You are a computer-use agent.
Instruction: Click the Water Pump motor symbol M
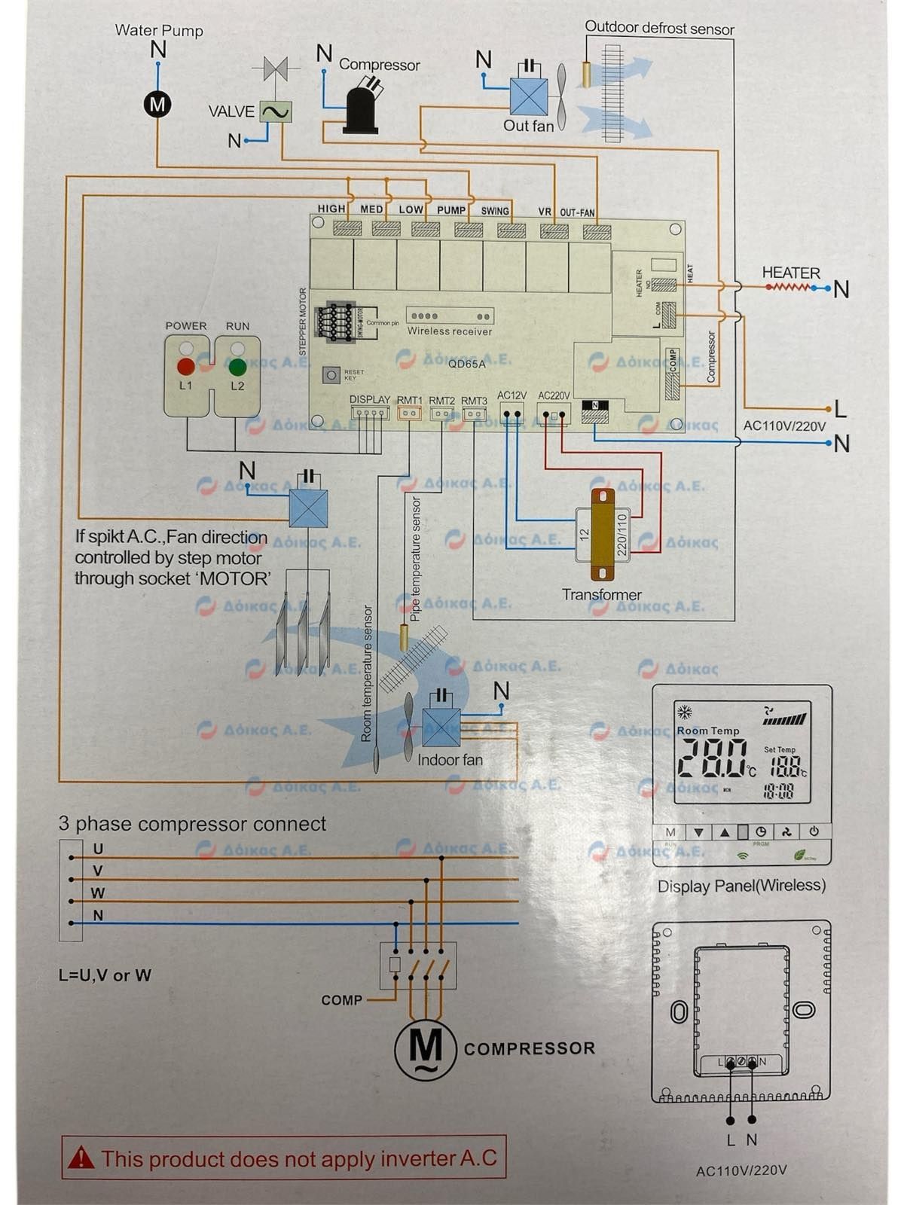click(157, 103)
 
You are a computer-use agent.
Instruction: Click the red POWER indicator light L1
click(185, 367)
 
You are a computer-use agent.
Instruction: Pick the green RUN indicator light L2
click(237, 367)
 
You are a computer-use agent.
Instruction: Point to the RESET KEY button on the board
click(331, 374)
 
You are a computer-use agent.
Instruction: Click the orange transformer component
click(602, 535)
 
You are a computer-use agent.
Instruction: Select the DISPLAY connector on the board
click(369, 413)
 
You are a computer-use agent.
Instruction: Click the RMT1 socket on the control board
click(410, 413)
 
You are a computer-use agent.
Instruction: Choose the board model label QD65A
click(467, 364)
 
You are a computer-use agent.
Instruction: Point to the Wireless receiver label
click(449, 331)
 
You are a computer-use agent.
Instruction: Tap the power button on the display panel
click(814, 832)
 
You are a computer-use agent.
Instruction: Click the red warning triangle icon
click(81, 1158)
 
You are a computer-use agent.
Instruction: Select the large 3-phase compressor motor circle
click(426, 1048)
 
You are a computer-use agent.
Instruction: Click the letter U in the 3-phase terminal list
click(98, 849)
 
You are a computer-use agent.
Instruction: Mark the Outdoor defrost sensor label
click(659, 29)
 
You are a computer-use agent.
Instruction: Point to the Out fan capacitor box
click(529, 96)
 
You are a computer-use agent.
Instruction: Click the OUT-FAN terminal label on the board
click(577, 212)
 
